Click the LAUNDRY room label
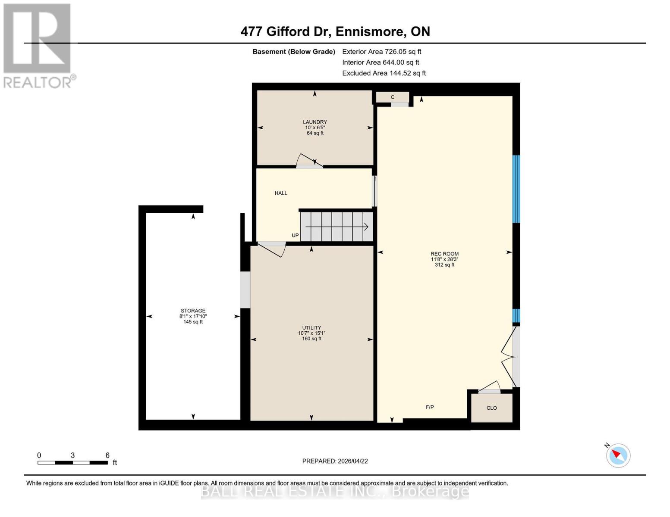[x=315, y=122]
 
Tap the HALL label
[x=281, y=193]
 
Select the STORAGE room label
[x=193, y=311]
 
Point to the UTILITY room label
[x=311, y=328]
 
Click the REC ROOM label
[x=444, y=254]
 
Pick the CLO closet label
[x=491, y=408]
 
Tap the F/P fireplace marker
[x=430, y=407]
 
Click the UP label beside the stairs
[x=295, y=236]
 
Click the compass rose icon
[x=618, y=455]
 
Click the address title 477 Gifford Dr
[x=335, y=31]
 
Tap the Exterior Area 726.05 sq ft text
[x=381, y=52]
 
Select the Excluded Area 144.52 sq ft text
[x=384, y=73]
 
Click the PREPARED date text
[x=335, y=461]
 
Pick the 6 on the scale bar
[x=107, y=455]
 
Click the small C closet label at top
[x=393, y=97]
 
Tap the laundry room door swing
[x=308, y=160]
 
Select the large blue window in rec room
[x=516, y=189]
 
